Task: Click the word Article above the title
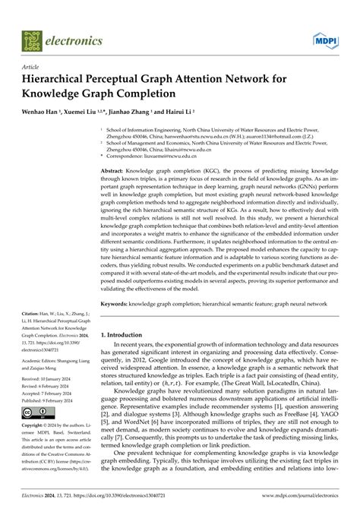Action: pyautogui.click(x=34, y=67)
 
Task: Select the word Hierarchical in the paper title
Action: pyautogui.click(x=65, y=80)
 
